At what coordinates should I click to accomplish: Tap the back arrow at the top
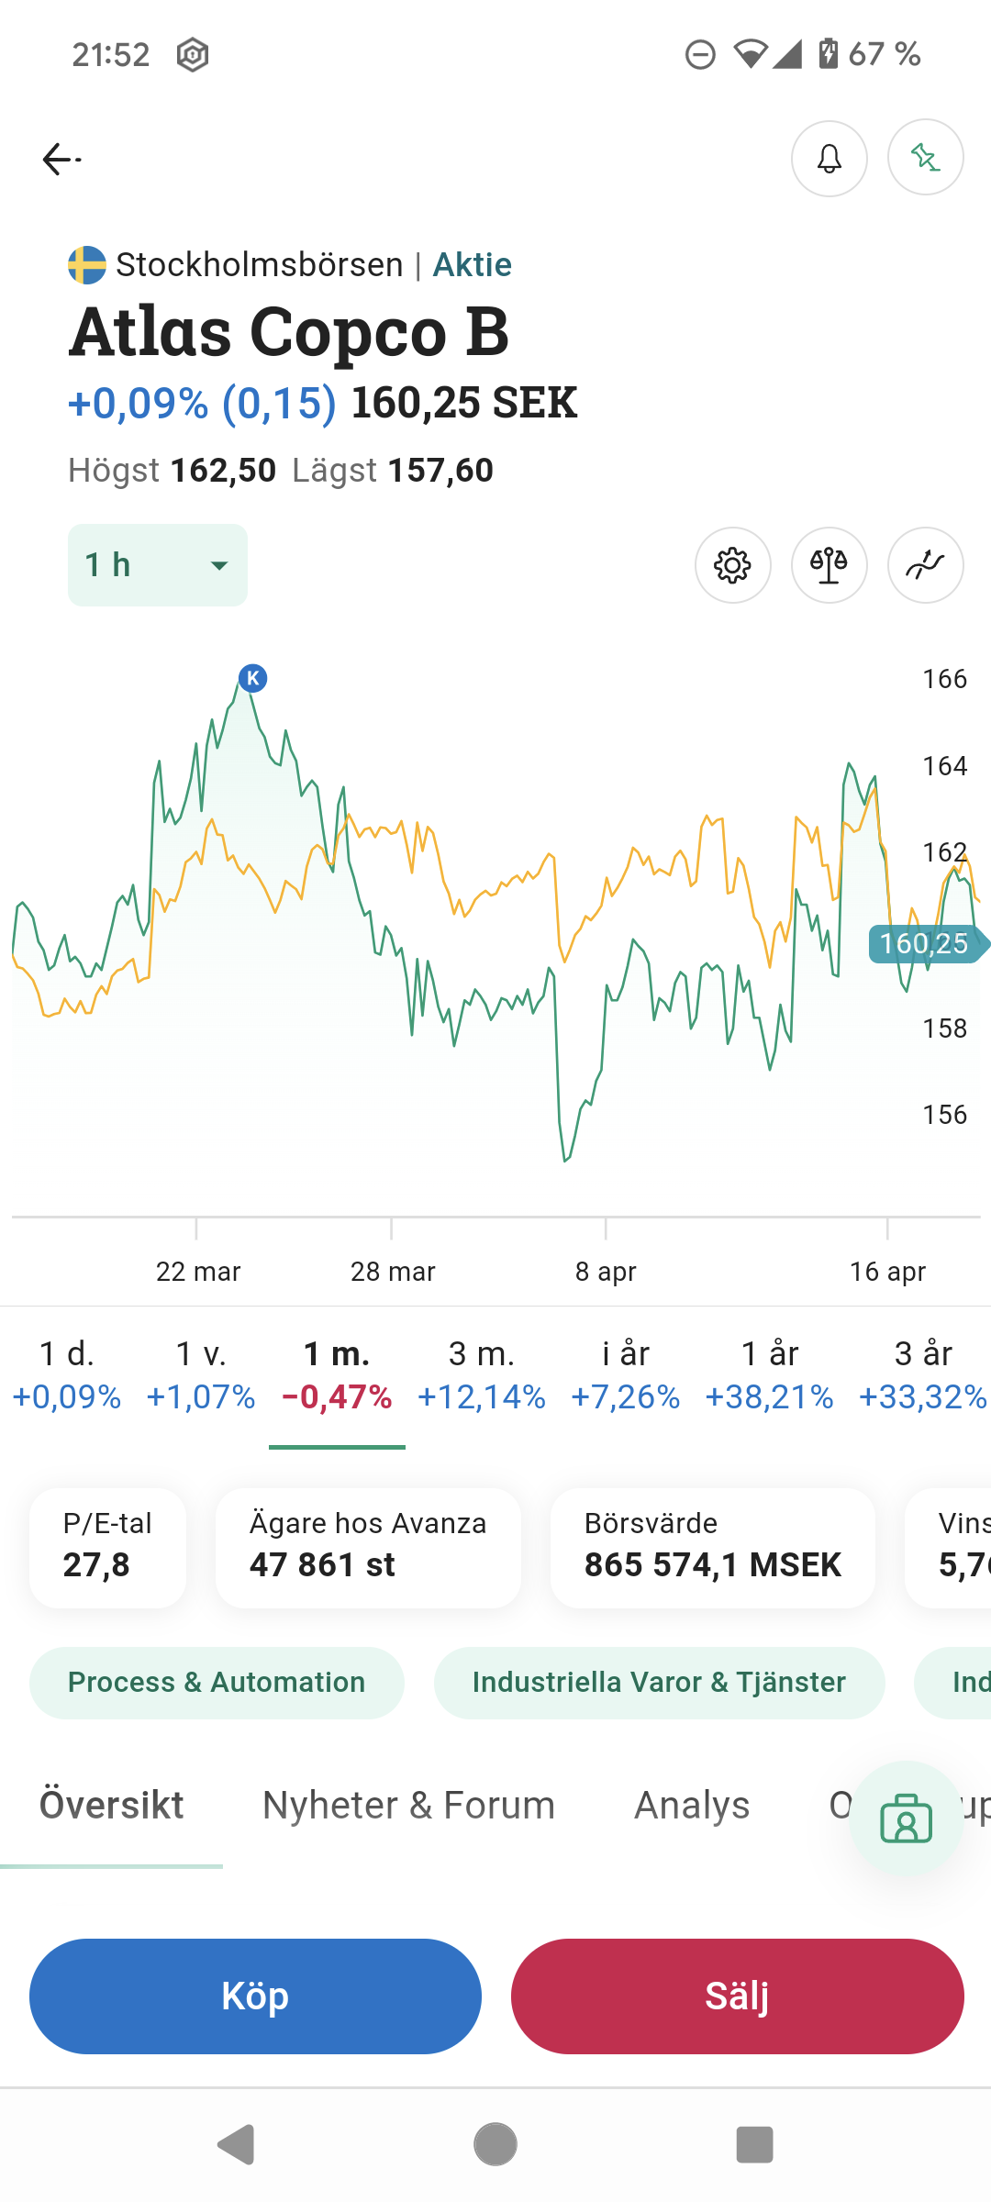pyautogui.click(x=61, y=160)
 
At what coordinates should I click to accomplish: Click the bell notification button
pyautogui.click(x=829, y=159)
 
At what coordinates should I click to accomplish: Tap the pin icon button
pyautogui.click(x=925, y=158)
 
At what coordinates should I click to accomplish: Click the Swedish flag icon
pyautogui.click(x=87, y=265)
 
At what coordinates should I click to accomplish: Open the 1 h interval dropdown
pyautogui.click(x=158, y=565)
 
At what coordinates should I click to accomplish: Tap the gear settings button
pyautogui.click(x=732, y=565)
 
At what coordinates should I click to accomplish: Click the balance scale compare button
pyautogui.click(x=829, y=565)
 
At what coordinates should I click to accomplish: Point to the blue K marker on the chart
pyautogui.click(x=252, y=678)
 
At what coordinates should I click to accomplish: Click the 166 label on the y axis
pyautogui.click(x=944, y=679)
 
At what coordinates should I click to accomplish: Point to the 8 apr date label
pyautogui.click(x=606, y=1272)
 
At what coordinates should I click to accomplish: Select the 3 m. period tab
pyautogui.click(x=482, y=1373)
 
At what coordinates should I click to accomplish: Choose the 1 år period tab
pyautogui.click(x=769, y=1373)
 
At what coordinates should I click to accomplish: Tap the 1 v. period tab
pyautogui.click(x=201, y=1373)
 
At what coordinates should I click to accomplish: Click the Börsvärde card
pyautogui.click(x=712, y=1548)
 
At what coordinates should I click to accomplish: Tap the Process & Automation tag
pyautogui.click(x=217, y=1682)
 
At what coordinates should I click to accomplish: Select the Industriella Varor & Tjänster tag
pyautogui.click(x=659, y=1682)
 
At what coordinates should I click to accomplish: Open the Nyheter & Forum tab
pyautogui.click(x=408, y=1805)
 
